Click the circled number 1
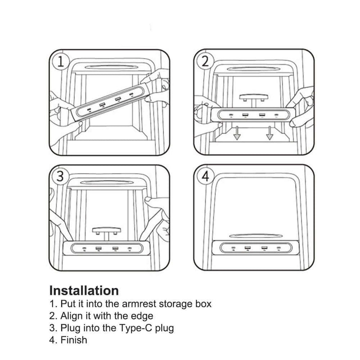[61, 62]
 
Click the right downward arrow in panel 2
[270, 134]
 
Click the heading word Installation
[84, 290]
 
